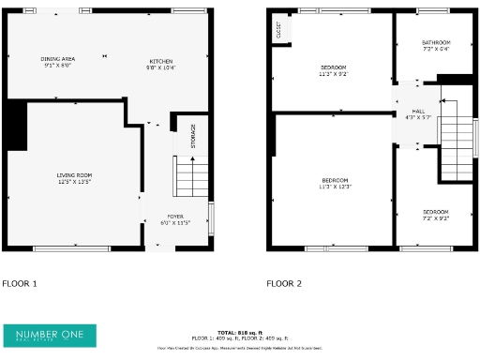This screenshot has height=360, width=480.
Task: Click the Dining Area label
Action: coord(56,62)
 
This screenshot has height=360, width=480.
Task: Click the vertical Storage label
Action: coord(193,136)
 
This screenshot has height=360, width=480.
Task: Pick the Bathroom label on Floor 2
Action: coord(436,45)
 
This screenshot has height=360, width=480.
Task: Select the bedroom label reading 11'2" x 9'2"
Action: coord(334,70)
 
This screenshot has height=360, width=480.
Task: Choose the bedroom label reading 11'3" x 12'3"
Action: coord(335,183)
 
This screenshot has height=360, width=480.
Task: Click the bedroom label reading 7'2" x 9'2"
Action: coord(435,215)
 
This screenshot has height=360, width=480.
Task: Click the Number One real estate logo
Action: coord(62,335)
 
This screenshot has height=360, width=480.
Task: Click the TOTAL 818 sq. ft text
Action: coord(240,332)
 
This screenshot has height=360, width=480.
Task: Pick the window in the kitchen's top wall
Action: coord(184,10)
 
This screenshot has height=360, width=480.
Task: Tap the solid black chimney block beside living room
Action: coord(14,126)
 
